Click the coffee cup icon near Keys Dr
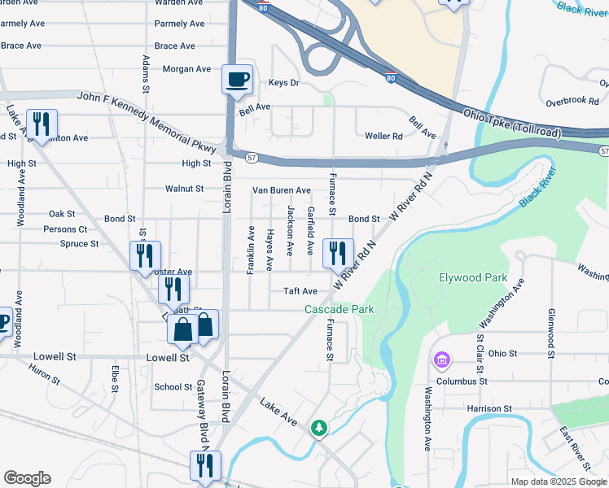(x=237, y=80)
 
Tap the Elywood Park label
(x=472, y=277)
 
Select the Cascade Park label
(x=340, y=309)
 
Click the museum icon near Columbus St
(x=442, y=359)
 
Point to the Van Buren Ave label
(x=281, y=190)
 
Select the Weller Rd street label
(x=383, y=136)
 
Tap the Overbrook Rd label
(x=572, y=101)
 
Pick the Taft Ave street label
(x=300, y=291)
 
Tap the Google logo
(x=27, y=478)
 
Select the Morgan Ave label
(x=186, y=69)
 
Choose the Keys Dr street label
(x=283, y=83)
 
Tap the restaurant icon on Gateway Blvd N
(x=204, y=465)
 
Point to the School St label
(x=173, y=387)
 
